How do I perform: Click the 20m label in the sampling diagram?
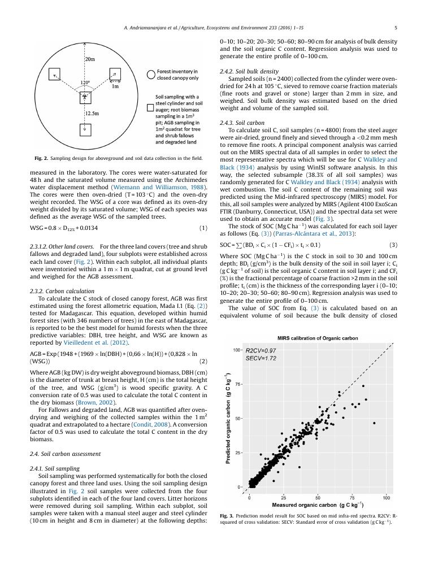click(90, 59)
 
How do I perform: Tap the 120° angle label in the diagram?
click(85, 82)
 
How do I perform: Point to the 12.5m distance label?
click(92, 114)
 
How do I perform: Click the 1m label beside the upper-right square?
click(115, 86)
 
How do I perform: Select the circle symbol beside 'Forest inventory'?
click(150, 74)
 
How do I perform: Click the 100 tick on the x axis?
click(387, 498)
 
